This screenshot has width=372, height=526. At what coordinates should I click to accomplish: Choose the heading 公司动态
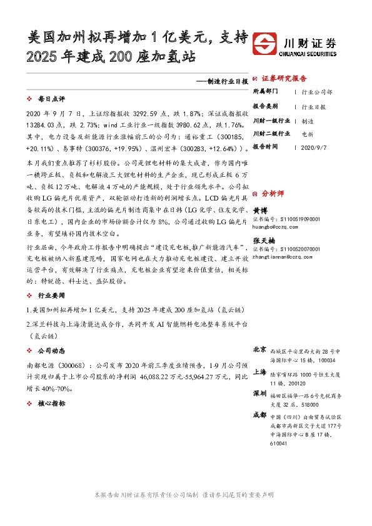51,350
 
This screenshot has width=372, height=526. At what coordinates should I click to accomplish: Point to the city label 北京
259,350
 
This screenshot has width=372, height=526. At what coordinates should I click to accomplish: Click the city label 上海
259,372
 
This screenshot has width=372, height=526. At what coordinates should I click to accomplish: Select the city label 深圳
259,394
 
